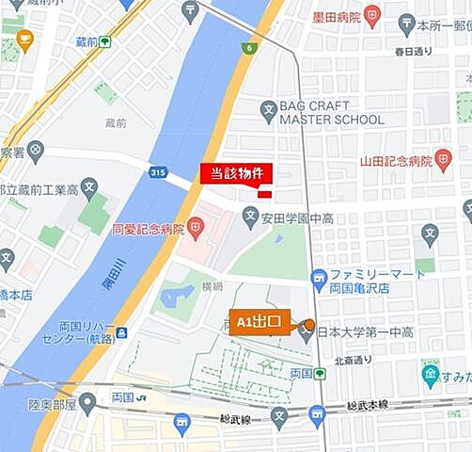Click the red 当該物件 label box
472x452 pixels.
click(236, 173)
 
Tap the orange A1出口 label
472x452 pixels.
click(259, 322)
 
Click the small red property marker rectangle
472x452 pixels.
click(265, 194)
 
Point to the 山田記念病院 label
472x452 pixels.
click(396, 161)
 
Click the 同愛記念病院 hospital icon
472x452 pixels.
click(195, 227)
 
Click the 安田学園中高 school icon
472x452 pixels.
click(250, 218)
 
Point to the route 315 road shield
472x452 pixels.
click(158, 171)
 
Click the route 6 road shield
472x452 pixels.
click(249, 48)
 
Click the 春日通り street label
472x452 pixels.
click(413, 51)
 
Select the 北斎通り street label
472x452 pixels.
click(356, 359)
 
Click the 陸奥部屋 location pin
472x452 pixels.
click(87, 404)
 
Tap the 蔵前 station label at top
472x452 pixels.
click(87, 41)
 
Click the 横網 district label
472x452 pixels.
click(212, 285)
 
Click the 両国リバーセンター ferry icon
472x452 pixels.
click(121, 332)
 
